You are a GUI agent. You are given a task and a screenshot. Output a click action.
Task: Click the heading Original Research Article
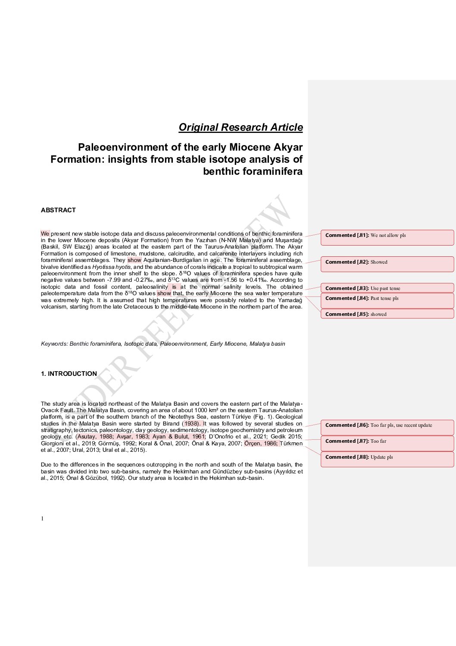click(x=240, y=127)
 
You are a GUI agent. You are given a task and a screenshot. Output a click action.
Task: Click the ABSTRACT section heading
click(x=58, y=210)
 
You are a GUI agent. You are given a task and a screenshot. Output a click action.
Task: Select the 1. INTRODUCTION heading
click(x=69, y=374)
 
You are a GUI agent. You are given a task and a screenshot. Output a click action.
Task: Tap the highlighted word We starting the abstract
click(x=45, y=234)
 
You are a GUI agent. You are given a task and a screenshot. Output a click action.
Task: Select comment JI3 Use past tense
click(x=387, y=288)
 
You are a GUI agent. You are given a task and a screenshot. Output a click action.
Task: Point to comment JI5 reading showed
click(x=387, y=314)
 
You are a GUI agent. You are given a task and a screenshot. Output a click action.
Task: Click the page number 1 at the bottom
click(x=42, y=519)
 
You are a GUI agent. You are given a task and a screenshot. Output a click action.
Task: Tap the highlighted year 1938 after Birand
click(x=191, y=424)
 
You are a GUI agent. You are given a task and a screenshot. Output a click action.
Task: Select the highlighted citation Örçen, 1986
click(x=261, y=444)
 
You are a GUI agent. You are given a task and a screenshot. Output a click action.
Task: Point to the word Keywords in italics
click(x=54, y=344)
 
